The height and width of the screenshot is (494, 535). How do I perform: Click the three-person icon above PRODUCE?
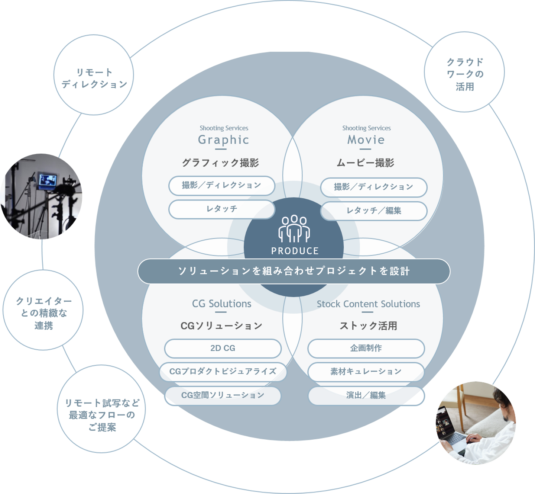coord(294,228)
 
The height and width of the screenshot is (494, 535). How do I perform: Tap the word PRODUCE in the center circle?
coord(295,251)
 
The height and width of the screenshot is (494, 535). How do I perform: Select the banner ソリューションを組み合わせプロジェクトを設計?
coord(294,271)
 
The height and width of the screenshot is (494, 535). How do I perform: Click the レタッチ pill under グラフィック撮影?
coord(222,209)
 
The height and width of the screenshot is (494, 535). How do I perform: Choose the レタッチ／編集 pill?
coord(374,211)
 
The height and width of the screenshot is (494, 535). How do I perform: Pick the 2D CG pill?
coord(223,348)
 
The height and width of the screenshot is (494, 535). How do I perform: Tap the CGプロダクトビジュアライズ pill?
coord(223,372)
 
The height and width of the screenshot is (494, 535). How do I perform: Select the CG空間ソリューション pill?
coord(223,395)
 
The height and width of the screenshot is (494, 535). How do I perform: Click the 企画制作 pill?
coord(366,348)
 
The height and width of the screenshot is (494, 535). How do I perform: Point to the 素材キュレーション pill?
coord(366,372)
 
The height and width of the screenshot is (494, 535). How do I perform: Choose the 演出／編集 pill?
coord(366,395)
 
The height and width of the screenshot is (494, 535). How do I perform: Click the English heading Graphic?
coord(224,140)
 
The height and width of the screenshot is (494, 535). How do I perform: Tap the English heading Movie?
coord(366,140)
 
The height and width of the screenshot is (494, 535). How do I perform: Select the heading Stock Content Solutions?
coord(368,304)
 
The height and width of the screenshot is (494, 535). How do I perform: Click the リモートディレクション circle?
coord(94,75)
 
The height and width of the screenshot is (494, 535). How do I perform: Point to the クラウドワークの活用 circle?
coord(464,72)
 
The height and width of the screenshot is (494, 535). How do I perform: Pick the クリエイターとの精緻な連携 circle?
coord(43,310)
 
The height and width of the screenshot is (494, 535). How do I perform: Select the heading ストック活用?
coord(368,326)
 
